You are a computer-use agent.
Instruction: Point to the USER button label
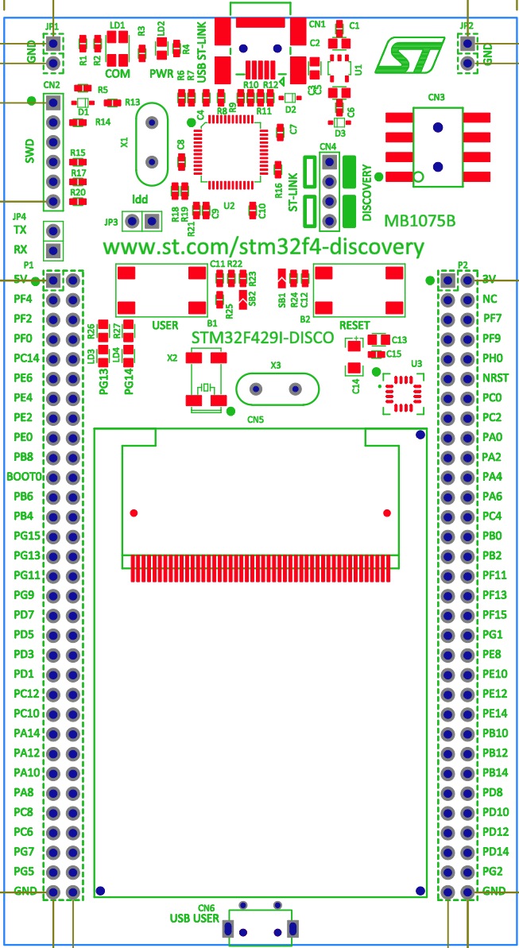pyautogui.click(x=164, y=326)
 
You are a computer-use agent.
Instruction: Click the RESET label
pyautogui.click(x=354, y=326)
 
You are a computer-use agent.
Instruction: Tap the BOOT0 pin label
pyautogui.click(x=23, y=477)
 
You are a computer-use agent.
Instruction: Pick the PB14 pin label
pyautogui.click(x=495, y=772)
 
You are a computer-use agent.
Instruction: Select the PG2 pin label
pyautogui.click(x=492, y=871)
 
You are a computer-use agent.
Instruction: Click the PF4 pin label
pyautogui.click(x=22, y=300)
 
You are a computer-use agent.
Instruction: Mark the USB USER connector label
pyautogui.click(x=194, y=918)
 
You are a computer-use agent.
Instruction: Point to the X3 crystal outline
pyautogui.click(x=277, y=389)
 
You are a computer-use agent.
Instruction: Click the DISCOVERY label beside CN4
pyautogui.click(x=367, y=193)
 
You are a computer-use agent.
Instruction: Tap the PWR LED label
pyautogui.click(x=161, y=72)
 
